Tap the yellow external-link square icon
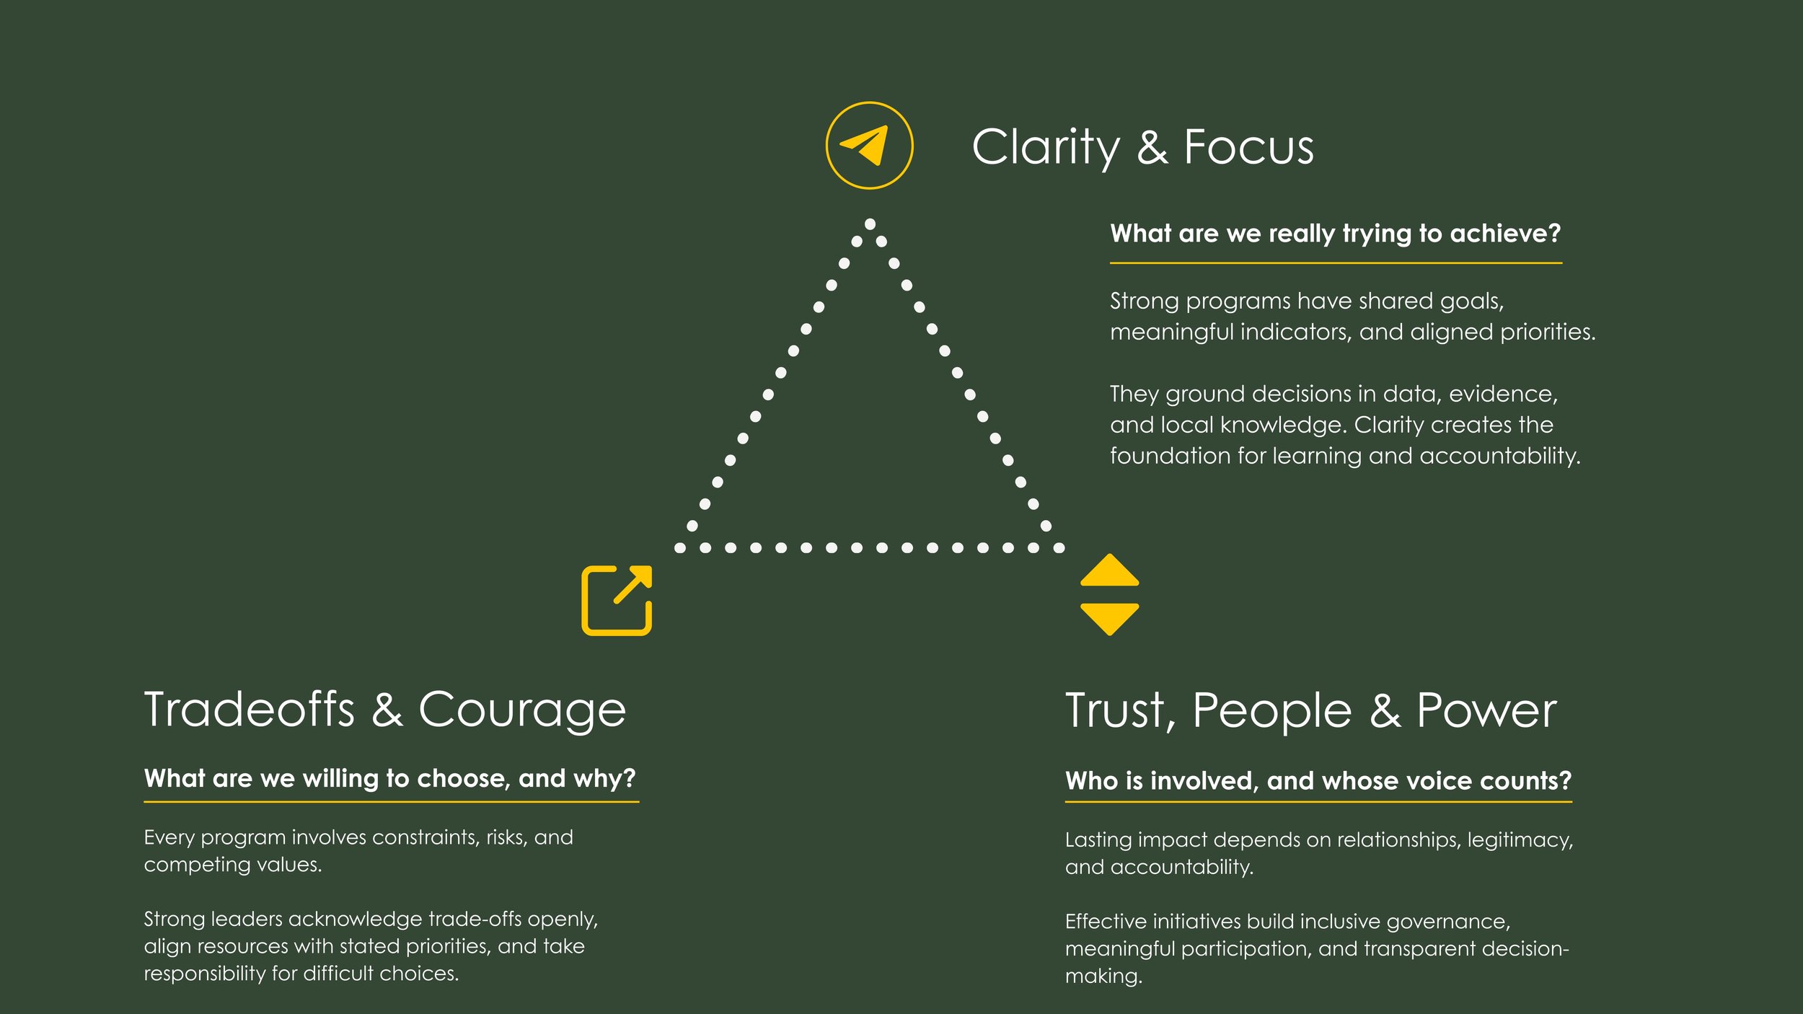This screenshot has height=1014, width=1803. (617, 601)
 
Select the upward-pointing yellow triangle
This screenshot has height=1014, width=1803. (1109, 570)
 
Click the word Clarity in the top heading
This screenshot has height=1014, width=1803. (1046, 148)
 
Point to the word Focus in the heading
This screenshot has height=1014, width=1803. (1248, 148)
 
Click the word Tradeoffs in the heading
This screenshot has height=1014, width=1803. (250, 710)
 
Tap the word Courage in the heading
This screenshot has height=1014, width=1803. (522, 711)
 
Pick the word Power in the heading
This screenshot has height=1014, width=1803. (1486, 711)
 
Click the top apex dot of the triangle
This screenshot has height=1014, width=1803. (870, 224)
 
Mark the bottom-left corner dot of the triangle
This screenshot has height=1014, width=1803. (679, 548)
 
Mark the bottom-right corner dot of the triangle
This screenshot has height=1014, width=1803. (1059, 548)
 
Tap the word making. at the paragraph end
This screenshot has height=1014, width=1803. (1103, 976)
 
